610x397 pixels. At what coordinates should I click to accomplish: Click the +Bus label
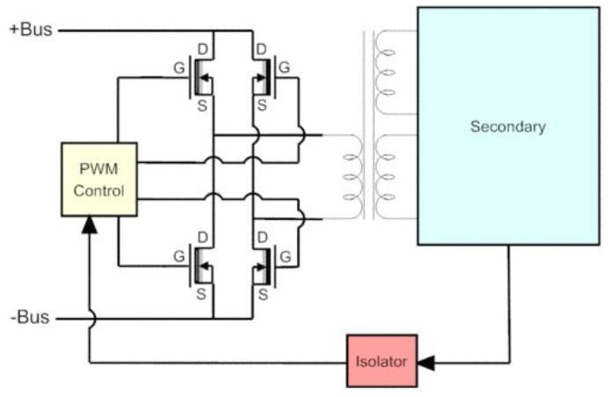[x=31, y=29]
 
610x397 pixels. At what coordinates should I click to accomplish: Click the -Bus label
[x=29, y=317]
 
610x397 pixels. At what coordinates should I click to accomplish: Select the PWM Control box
[x=98, y=179]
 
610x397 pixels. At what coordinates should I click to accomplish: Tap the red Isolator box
[x=381, y=360]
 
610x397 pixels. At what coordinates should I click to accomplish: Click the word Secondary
[x=507, y=127]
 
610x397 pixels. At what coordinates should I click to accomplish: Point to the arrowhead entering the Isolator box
[x=426, y=361]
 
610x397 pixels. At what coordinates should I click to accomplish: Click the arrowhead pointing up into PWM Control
[x=90, y=225]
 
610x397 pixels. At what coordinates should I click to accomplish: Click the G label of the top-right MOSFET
[x=284, y=66]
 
